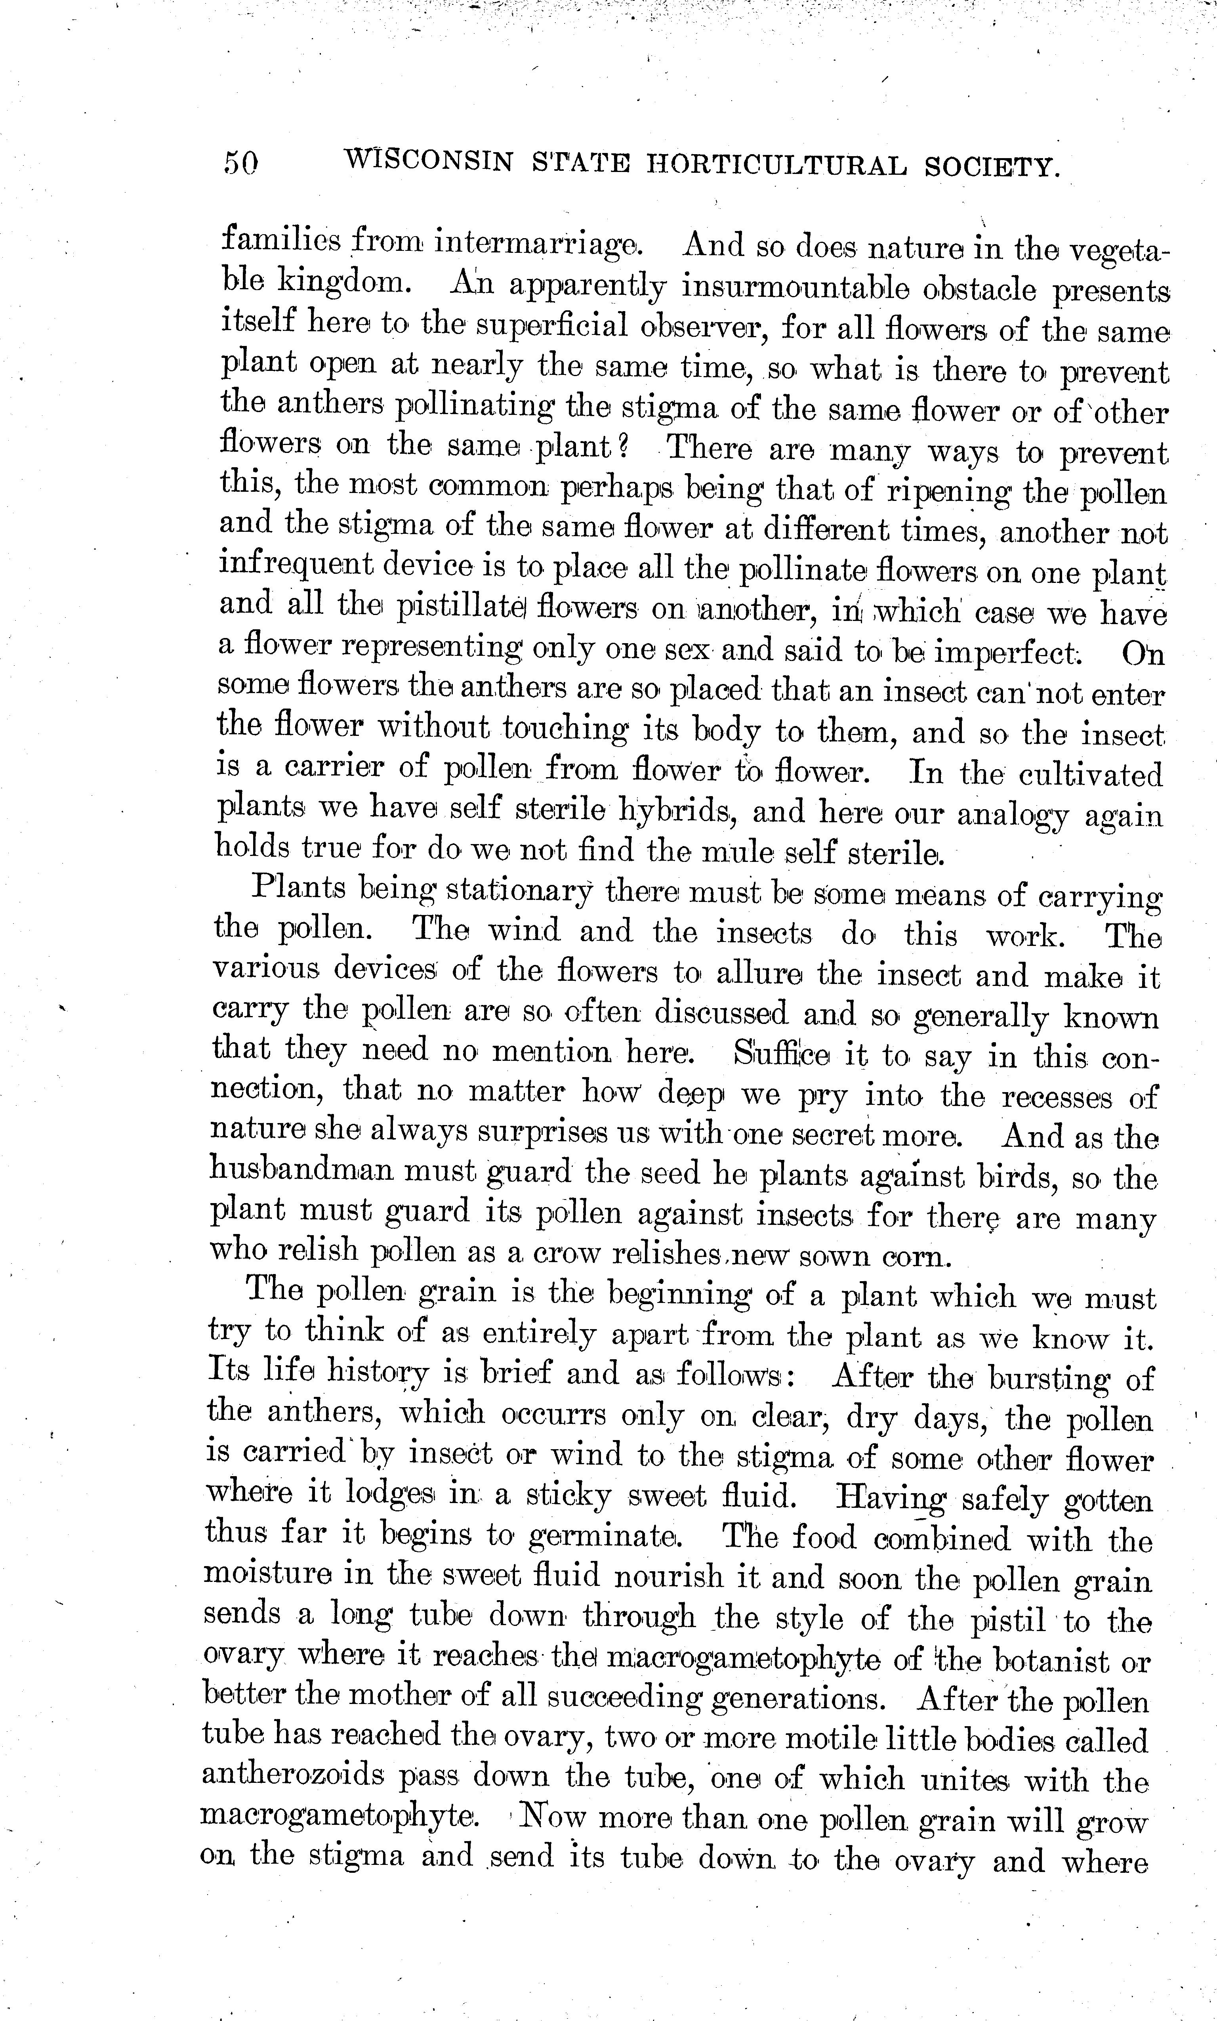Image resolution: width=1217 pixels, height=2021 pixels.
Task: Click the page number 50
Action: [240, 163]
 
